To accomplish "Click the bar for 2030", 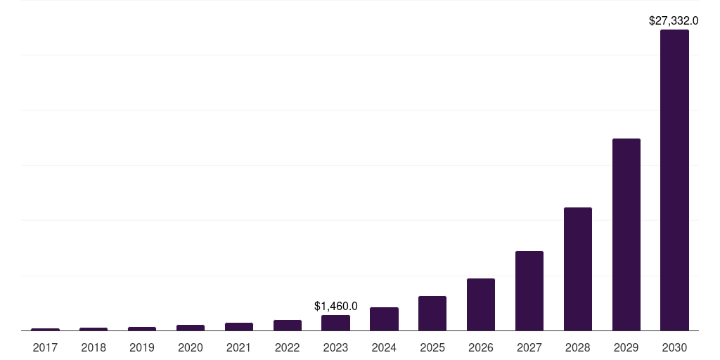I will pos(674,180).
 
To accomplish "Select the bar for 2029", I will pos(626,234).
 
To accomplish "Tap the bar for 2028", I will pos(577,269).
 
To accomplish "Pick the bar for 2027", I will pos(529,290).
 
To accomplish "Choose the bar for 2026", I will pos(481,304).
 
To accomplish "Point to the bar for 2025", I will pos(432,313).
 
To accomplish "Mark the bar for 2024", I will pos(384,319).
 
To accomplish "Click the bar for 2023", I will pos(335,323).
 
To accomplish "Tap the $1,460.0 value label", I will pos(335,306).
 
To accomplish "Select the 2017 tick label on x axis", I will pos(45,347).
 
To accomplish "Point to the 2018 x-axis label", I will pos(94,347).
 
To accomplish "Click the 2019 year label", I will pos(142,347).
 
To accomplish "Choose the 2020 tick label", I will pos(191,347).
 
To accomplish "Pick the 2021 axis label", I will pos(239,347).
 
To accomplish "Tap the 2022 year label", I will pos(287,347).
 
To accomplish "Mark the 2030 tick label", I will pos(674,347).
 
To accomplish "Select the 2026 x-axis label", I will pos(481,347).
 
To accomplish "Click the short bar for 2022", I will pos(287,325).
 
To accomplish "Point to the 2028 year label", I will pos(577,347).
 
